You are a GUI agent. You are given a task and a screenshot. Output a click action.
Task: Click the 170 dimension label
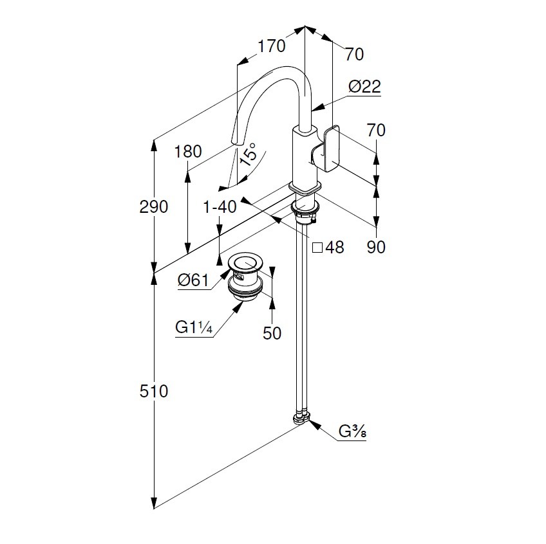271,46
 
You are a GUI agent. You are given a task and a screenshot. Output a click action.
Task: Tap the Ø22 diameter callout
365,87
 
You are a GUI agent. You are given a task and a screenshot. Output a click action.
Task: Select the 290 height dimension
154,207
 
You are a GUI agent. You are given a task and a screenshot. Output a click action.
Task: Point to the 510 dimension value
154,390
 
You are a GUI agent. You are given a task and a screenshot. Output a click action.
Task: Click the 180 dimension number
188,152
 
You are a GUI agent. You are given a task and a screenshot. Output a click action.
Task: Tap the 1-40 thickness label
220,206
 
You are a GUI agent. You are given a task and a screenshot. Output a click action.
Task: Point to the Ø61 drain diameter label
193,280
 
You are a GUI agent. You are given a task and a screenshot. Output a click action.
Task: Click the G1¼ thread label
194,327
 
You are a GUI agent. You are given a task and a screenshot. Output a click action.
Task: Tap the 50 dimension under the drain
272,334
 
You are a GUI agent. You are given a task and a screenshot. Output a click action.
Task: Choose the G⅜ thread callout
353,432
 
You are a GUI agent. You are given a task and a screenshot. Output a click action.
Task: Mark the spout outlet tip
236,141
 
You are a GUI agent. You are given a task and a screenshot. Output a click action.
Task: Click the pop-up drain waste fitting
246,277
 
